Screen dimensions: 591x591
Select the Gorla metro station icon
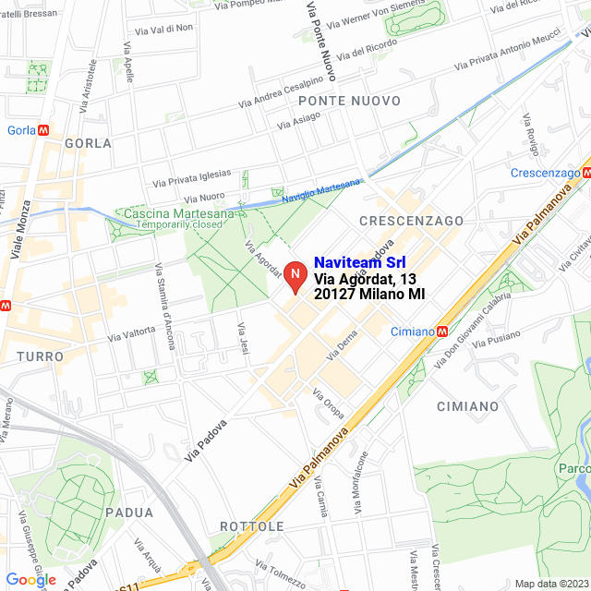[42, 130]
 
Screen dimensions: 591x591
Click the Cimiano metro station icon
[443, 332]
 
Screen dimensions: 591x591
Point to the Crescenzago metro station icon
[586, 173]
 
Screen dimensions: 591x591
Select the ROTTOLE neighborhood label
[252, 526]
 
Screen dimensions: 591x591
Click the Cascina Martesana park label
[174, 214]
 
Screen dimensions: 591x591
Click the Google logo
[30, 579]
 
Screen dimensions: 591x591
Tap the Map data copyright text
[549, 584]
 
